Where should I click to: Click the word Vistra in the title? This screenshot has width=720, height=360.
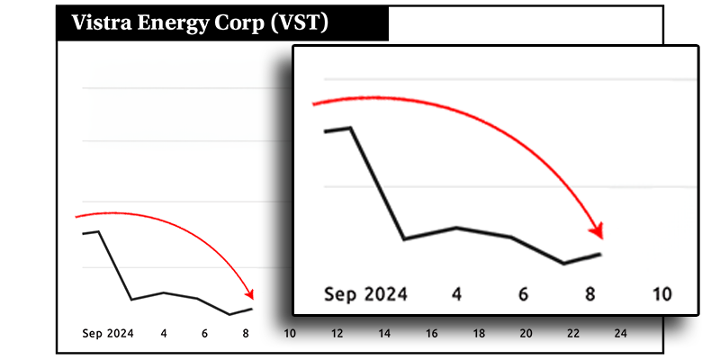tap(100, 23)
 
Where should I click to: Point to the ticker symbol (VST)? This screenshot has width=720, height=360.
tap(299, 23)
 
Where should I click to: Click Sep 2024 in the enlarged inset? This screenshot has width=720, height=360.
tap(365, 294)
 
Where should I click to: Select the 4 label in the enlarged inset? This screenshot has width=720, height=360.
tap(457, 294)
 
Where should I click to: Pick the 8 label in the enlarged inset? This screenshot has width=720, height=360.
tap(590, 294)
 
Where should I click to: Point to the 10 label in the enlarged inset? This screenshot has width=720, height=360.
tap(661, 294)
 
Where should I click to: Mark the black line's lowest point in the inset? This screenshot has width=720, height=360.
tap(563, 264)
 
